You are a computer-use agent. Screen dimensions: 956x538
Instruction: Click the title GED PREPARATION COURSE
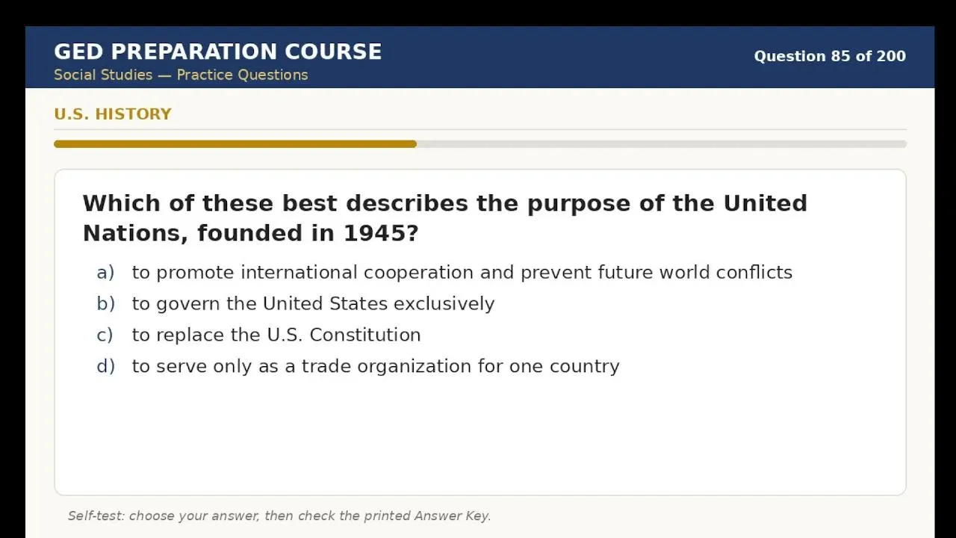point(217,52)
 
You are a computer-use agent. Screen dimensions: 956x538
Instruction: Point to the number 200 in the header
point(891,56)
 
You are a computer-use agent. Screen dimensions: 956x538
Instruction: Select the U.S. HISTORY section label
point(113,114)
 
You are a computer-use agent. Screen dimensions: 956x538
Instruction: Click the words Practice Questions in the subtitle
point(242,75)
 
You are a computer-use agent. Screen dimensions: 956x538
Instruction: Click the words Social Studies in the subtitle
point(103,75)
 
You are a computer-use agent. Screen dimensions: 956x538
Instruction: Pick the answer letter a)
point(105,273)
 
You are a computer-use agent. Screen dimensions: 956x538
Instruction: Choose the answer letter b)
point(106,303)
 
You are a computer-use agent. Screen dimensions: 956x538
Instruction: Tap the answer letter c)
point(105,335)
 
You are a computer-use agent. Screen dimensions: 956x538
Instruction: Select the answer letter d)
point(106,366)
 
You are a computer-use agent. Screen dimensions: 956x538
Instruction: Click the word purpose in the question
point(579,204)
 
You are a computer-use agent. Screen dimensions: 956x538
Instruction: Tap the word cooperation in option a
point(418,273)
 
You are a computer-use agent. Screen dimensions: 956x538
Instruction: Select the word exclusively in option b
point(444,304)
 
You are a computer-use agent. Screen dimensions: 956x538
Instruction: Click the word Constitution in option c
point(365,335)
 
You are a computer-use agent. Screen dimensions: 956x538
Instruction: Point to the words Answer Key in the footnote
point(453,516)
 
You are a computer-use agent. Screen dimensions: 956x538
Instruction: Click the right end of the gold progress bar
point(416,144)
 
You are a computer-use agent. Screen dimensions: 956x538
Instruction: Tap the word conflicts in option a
point(754,273)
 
